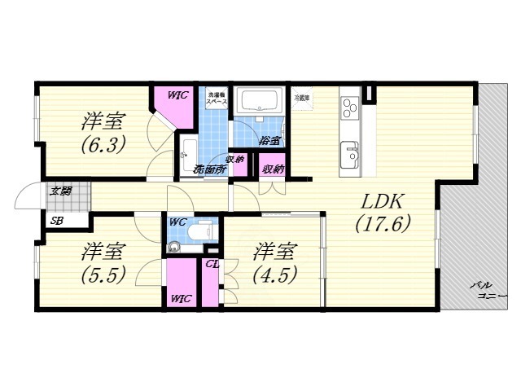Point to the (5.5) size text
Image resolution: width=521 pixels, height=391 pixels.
[x=103, y=274]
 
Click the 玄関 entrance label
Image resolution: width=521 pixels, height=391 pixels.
[x=60, y=191]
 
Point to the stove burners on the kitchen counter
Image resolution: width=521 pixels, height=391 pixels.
[x=351, y=108]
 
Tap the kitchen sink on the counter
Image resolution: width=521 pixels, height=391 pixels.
[x=351, y=154]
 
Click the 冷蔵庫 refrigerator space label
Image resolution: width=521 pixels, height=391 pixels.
[x=302, y=98]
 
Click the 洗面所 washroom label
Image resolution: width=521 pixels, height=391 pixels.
[x=209, y=169]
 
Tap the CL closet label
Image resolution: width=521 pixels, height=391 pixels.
[x=212, y=263]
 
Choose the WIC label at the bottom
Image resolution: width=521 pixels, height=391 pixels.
[x=181, y=298]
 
